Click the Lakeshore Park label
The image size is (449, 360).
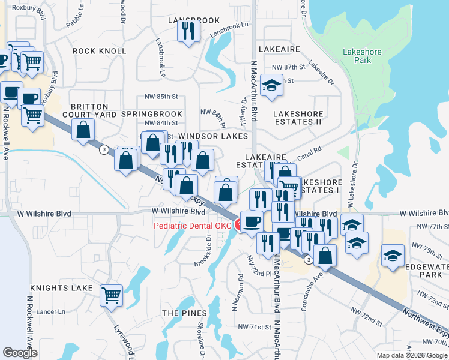pyautogui.click(x=361, y=56)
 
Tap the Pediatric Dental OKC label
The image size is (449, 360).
pyautogui.click(x=192, y=226)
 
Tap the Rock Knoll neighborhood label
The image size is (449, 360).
pyautogui.click(x=99, y=51)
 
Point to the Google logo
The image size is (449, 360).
pyautogui.click(x=20, y=353)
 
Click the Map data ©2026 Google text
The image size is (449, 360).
pyautogui.click(x=412, y=355)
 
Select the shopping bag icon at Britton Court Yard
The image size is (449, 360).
pyautogui.click(x=83, y=129)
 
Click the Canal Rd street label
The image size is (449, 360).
pyautogui.click(x=310, y=152)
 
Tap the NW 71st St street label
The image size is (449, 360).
pyautogui.click(x=254, y=326)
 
